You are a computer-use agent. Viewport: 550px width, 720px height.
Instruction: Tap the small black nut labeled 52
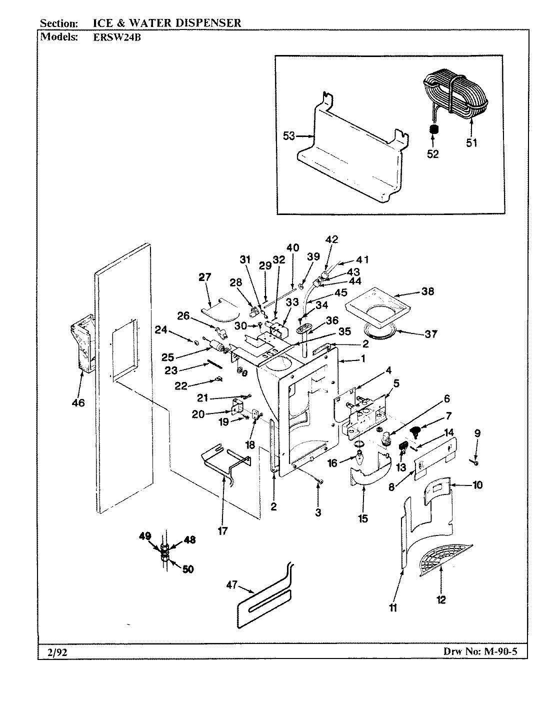click(434, 129)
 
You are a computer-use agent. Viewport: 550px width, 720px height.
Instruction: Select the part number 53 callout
click(289, 135)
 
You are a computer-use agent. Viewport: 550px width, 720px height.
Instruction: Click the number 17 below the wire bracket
click(223, 531)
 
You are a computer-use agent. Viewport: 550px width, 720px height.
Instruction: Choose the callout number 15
click(363, 518)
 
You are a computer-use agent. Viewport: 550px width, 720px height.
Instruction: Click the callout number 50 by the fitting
click(187, 569)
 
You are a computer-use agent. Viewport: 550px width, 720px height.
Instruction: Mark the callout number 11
click(393, 608)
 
